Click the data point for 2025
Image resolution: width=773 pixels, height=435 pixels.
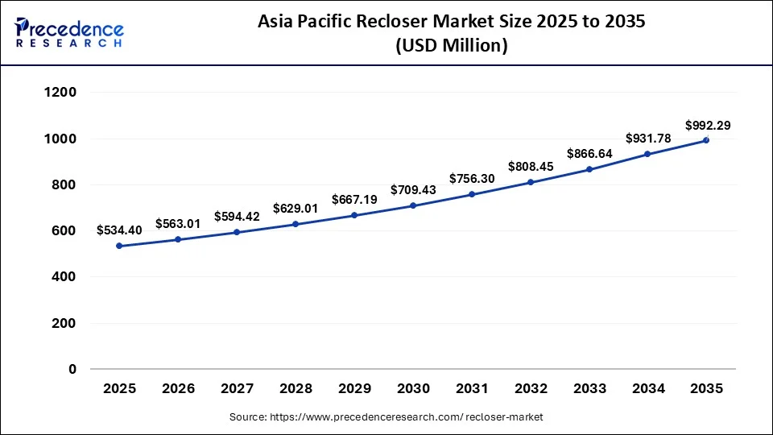coord(119,246)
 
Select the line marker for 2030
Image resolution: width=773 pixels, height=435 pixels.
coord(413,205)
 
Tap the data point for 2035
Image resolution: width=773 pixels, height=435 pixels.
coord(706,140)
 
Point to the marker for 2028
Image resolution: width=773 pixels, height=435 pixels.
coord(296,224)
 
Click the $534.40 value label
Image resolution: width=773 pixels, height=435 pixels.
coord(119,230)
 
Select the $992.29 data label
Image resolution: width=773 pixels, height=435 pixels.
coord(708,126)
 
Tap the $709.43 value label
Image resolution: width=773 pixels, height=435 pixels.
coord(413,190)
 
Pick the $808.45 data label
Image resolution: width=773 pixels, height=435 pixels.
coord(531,168)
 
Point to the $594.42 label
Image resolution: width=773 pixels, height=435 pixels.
coord(237,216)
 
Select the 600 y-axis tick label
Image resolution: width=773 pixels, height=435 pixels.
coord(64,231)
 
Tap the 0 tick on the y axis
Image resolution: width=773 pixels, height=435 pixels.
coord(72,370)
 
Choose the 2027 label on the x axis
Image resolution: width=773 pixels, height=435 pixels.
coord(237,389)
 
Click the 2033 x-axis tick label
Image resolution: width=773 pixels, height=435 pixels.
coord(589,389)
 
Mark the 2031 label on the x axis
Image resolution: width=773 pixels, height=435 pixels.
coord(472,389)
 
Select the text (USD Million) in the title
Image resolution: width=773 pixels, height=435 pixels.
coord(451,47)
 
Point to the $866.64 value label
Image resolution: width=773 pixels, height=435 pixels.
coord(589,153)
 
